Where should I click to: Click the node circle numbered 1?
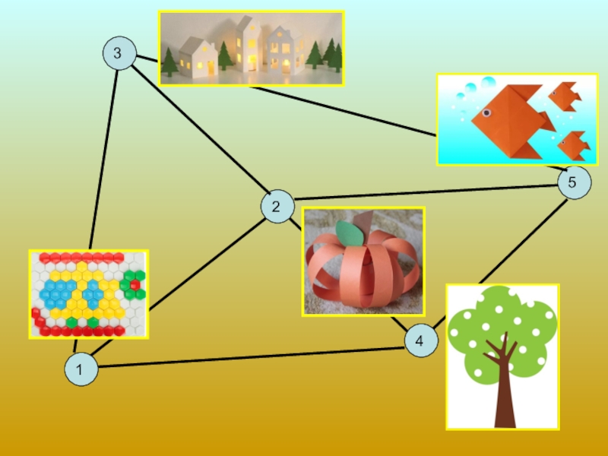[82, 370]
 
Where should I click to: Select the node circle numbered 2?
[275, 206]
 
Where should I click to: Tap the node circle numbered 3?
[118, 54]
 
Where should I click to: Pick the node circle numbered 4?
[420, 341]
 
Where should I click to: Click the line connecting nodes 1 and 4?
[251, 357]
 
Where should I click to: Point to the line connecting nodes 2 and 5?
[426, 193]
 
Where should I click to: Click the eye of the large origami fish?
[486, 113]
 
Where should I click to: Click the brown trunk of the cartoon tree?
[504, 395]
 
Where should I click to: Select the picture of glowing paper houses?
[251, 47]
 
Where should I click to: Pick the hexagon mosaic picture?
[88, 293]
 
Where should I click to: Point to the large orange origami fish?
[505, 118]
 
